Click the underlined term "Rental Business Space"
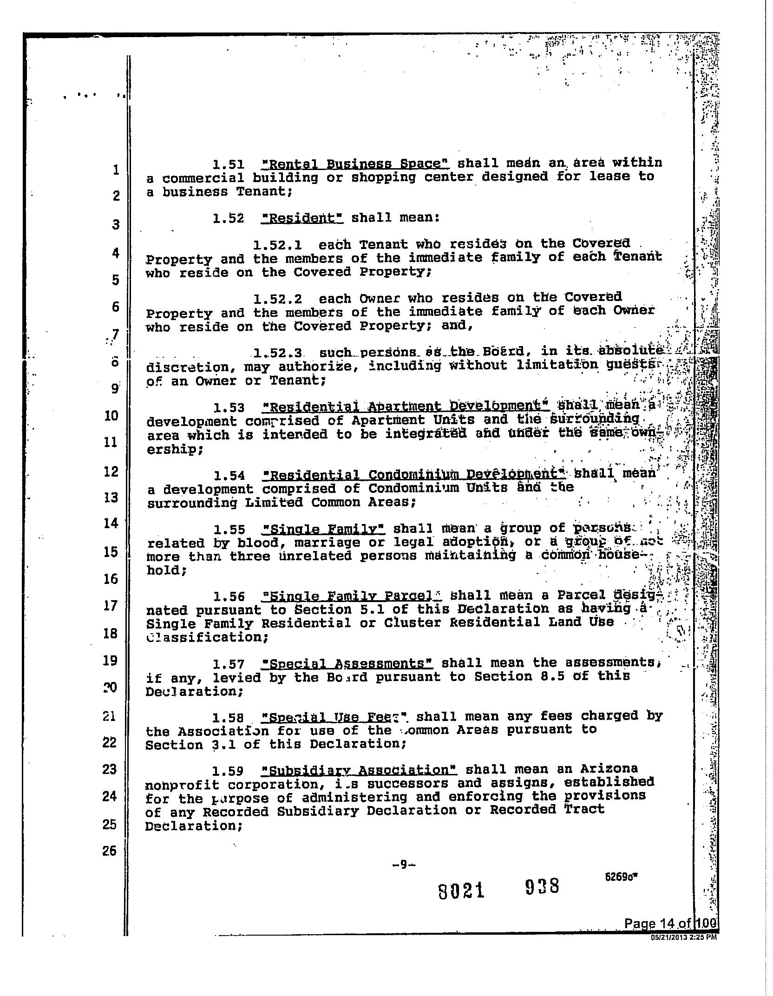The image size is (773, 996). pyautogui.click(x=355, y=164)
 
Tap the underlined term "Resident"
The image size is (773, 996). pyautogui.click(x=302, y=218)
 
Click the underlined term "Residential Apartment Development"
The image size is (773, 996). pyautogui.click(x=406, y=407)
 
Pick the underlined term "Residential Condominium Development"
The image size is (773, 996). pyautogui.click(x=413, y=475)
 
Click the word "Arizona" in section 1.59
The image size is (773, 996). pyautogui.click(x=610, y=769)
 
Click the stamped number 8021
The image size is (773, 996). pyautogui.click(x=461, y=891)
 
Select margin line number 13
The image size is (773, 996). pyautogui.click(x=111, y=498)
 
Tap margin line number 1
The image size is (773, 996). pyautogui.click(x=115, y=170)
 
